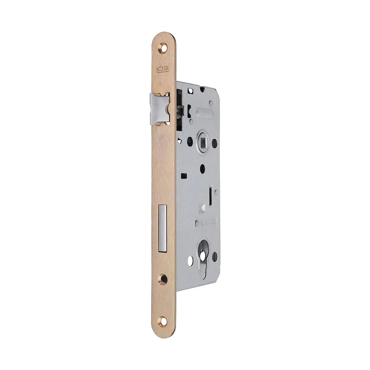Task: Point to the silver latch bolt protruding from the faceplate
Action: tap(160, 108)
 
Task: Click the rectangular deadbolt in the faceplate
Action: tap(163, 228)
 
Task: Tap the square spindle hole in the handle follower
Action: tap(203, 142)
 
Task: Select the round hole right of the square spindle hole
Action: tap(215, 143)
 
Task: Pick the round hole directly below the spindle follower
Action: tap(202, 168)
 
